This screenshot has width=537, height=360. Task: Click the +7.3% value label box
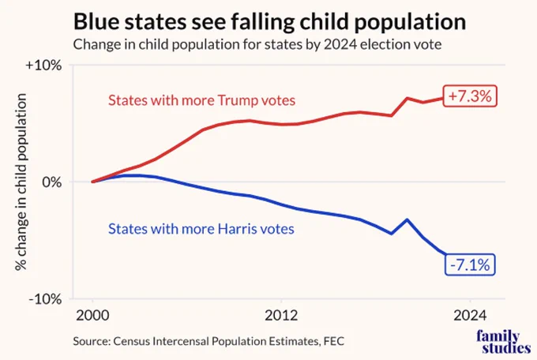click(470, 96)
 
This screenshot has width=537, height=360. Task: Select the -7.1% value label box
click(470, 264)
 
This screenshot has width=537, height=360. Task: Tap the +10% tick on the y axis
click(43, 65)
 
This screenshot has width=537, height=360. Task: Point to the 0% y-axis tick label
click(52, 182)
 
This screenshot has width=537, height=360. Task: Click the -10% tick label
click(45, 299)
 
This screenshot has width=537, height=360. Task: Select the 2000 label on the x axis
click(92, 316)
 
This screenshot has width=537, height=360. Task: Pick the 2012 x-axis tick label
click(281, 316)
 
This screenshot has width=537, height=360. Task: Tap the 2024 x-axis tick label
click(470, 316)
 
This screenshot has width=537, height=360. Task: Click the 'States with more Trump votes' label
click(201, 100)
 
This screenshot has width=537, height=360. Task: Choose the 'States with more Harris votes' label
click(201, 229)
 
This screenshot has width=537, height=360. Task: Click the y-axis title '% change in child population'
click(21, 182)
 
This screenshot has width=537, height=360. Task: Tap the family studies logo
click(503, 342)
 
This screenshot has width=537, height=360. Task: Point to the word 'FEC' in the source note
click(334, 341)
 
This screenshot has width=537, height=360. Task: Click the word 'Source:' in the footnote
click(92, 341)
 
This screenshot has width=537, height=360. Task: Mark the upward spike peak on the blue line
click(407, 219)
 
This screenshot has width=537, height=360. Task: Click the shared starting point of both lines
click(92, 182)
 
